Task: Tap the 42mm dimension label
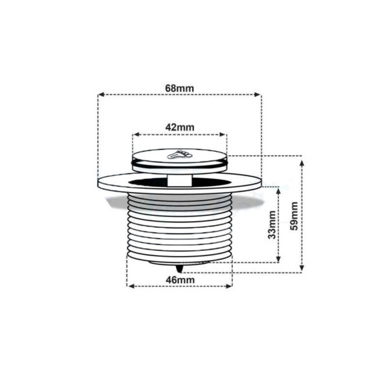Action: point(179,127)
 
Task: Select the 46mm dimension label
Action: point(179,279)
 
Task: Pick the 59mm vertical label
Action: point(295,215)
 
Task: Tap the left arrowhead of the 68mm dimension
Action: point(100,94)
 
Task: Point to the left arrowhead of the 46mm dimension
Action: point(129,285)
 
